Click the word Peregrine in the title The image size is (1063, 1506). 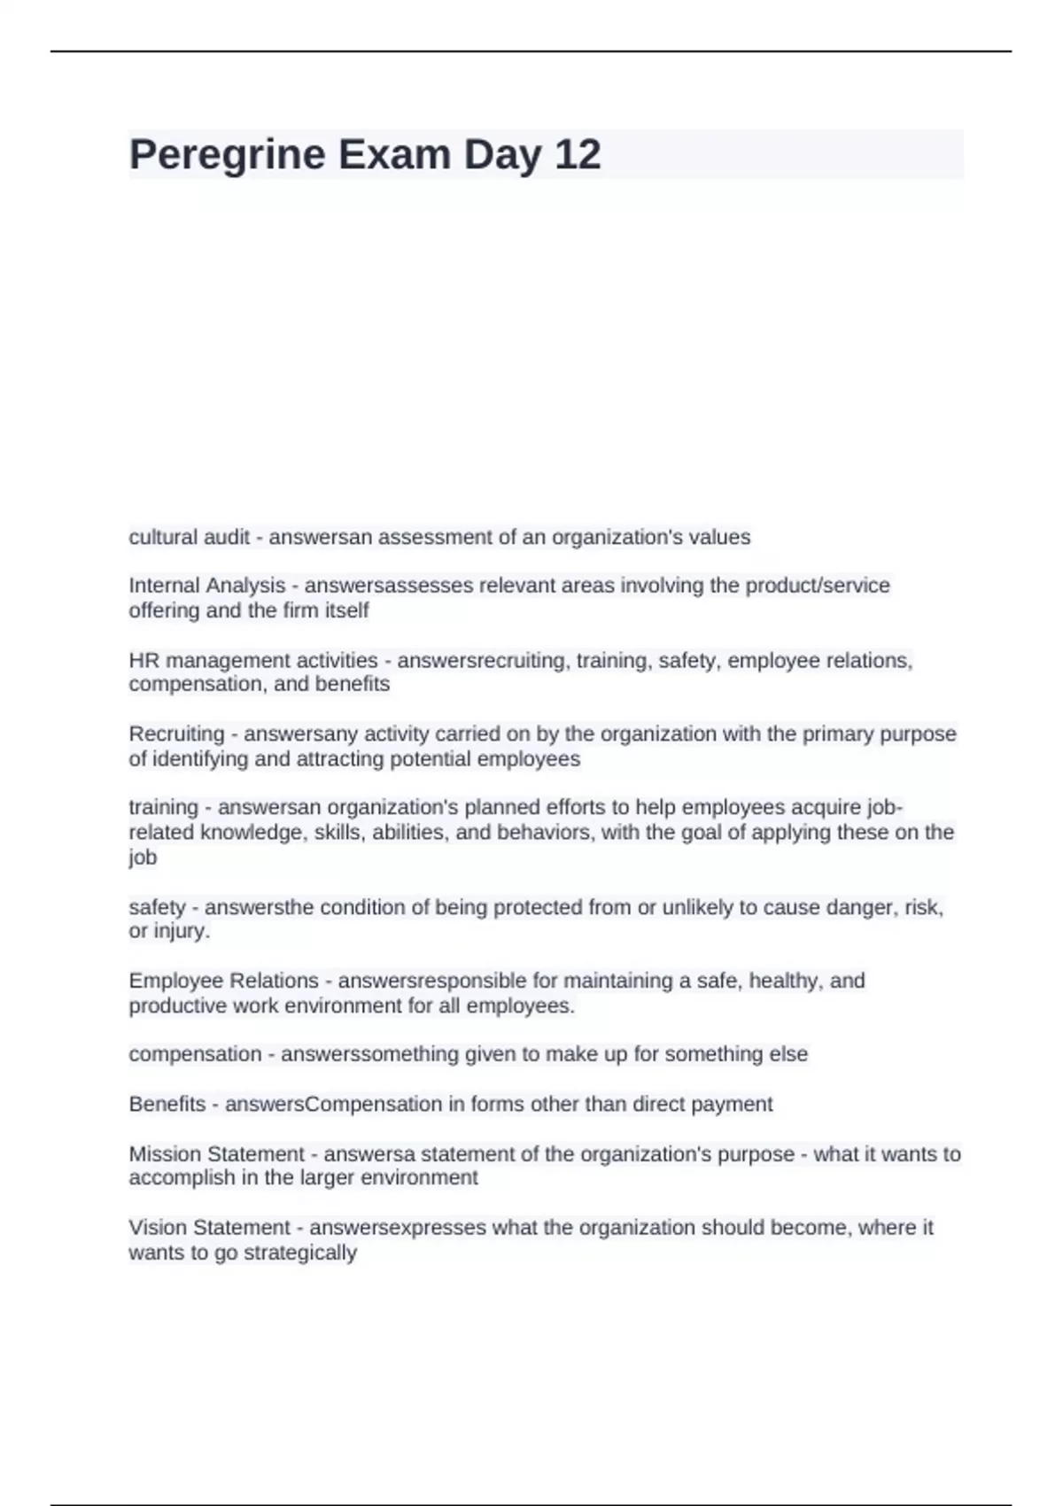point(228,155)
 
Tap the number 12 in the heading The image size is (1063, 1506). point(578,155)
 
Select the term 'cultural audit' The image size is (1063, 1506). point(189,538)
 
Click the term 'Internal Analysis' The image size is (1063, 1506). point(206,586)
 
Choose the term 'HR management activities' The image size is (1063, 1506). point(252,661)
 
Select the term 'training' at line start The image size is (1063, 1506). point(163,808)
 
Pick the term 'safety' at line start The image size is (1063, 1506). point(157,908)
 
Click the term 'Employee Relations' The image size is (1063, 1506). point(223,982)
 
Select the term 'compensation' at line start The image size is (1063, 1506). point(195,1054)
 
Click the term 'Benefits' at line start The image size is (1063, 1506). point(167,1105)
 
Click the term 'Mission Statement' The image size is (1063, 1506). point(216,1154)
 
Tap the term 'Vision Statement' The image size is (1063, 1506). point(209,1228)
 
